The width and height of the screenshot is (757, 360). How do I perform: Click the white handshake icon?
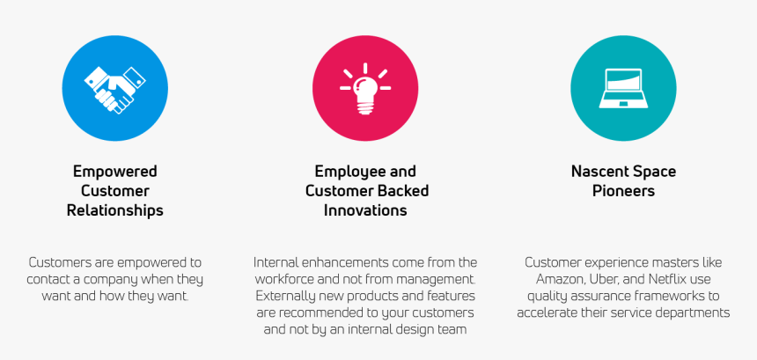coord(115,89)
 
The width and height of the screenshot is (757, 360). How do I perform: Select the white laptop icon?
coord(623,88)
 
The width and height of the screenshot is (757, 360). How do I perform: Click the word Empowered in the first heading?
coord(115,172)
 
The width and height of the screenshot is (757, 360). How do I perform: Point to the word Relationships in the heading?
coord(115,210)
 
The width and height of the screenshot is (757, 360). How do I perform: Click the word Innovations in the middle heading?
coord(365,210)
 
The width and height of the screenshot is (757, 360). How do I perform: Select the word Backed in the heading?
coord(403,191)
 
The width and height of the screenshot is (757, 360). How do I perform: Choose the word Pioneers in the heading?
coord(623,191)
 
